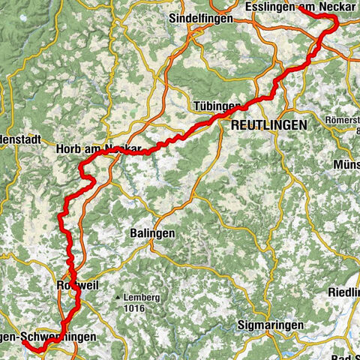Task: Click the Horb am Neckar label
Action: pyautogui.click(x=98, y=150)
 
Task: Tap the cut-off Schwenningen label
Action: pyautogui.click(x=48, y=337)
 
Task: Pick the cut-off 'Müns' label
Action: pyautogui.click(x=345, y=164)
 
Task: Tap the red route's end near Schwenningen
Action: pyautogui.click(x=24, y=345)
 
